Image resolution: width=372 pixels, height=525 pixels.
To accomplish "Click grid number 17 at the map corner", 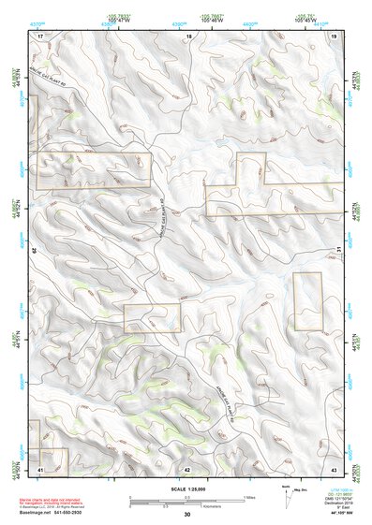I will click(x=41, y=35).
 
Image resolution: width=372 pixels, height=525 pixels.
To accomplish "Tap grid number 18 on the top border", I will click(x=188, y=35).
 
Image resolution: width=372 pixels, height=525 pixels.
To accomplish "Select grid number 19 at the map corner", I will click(x=334, y=35).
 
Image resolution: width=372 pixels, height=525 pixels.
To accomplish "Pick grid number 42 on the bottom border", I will click(x=187, y=468).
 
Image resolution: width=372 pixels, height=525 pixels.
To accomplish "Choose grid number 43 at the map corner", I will click(x=334, y=468).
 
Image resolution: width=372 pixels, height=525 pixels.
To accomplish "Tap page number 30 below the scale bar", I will click(x=187, y=514).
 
